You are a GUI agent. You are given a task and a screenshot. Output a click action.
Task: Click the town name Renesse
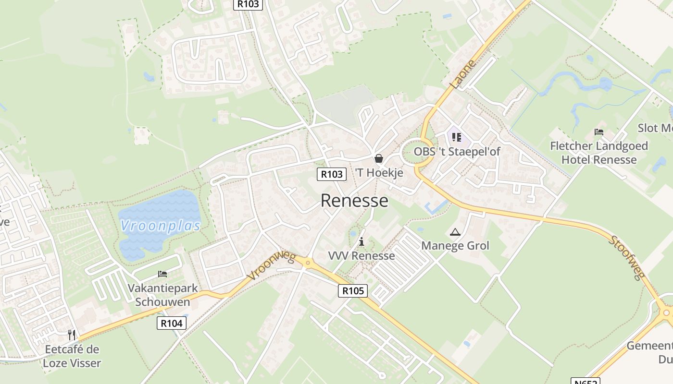point(354,201)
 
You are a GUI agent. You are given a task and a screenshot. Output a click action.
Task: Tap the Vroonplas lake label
point(160,226)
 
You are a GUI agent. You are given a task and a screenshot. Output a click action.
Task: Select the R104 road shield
point(172,324)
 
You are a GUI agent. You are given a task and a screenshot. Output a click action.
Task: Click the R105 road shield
point(352,290)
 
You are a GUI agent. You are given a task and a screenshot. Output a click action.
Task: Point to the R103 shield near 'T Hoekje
point(332,174)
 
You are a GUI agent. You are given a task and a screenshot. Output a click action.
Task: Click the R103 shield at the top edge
point(248,4)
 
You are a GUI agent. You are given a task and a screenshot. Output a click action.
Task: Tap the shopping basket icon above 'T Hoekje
point(379,158)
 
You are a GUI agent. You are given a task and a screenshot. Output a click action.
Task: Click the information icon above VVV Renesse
point(361,241)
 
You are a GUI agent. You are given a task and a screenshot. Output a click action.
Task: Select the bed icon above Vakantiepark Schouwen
point(162,274)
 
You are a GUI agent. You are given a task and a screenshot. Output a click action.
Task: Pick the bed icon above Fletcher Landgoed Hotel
point(599,132)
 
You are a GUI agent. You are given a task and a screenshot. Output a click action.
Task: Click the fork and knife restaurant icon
point(72,335)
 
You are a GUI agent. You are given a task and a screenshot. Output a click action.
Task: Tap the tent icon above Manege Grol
point(455,232)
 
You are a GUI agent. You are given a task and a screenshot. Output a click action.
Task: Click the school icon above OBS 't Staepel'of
point(457,138)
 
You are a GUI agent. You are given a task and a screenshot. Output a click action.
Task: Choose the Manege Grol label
point(455,246)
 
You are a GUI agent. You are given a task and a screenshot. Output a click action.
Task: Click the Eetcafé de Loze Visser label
point(72,356)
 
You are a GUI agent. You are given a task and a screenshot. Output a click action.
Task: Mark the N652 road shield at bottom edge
point(585,381)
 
